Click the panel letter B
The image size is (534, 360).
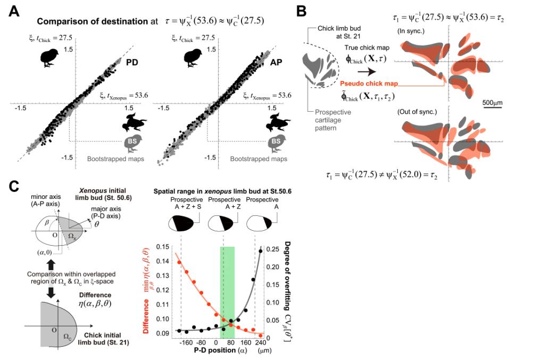tap(301, 11)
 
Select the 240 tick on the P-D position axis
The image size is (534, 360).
tap(260, 343)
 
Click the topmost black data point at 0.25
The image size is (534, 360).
tap(261, 250)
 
